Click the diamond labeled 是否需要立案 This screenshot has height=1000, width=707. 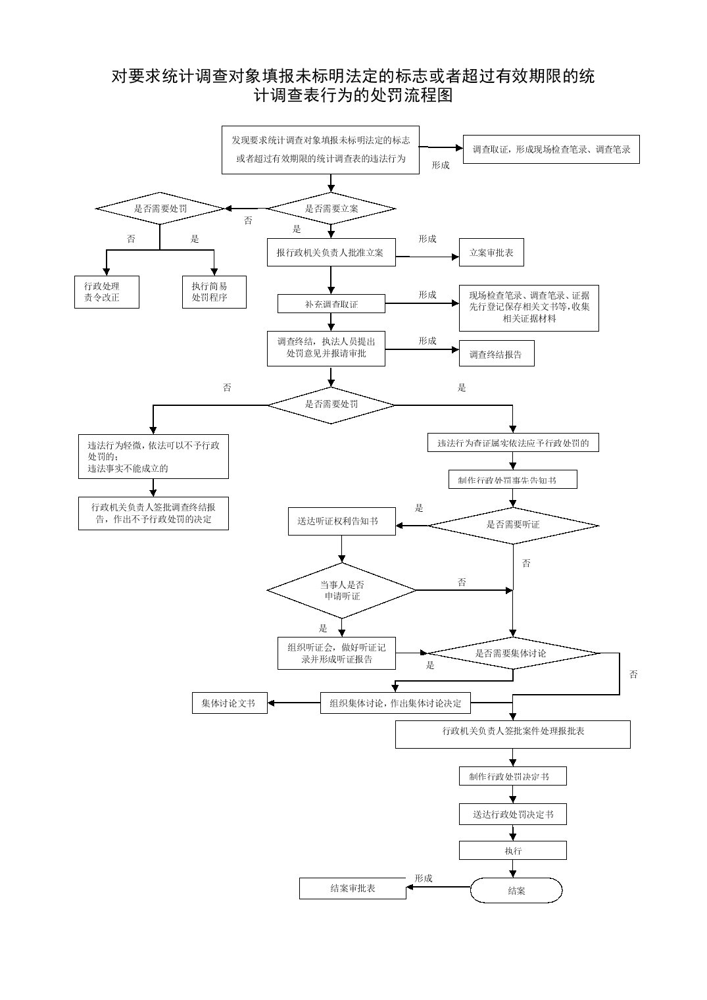[331, 209]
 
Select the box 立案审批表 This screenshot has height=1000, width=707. [491, 253]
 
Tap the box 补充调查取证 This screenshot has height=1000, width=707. [331, 303]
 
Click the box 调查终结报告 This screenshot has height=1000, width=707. [497, 353]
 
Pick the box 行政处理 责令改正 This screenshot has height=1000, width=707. [107, 292]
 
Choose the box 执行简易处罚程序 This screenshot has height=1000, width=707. [214, 292]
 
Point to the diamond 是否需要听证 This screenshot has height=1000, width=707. [513, 526]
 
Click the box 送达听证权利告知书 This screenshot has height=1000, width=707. [342, 521]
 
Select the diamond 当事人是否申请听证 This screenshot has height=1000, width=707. [341, 590]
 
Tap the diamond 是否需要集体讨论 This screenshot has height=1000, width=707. [513, 653]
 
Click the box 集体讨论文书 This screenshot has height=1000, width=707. [230, 703]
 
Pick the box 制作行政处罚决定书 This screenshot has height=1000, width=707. [513, 776]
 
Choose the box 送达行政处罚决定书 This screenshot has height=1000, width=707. [513, 814]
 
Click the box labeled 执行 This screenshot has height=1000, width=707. [513, 851]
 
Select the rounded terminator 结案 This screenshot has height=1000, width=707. [516, 890]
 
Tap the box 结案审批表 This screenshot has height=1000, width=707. [353, 888]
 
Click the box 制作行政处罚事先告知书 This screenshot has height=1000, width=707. [513, 480]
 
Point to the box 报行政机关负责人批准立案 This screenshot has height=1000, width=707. [331, 253]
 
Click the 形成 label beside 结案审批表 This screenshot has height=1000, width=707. [424, 878]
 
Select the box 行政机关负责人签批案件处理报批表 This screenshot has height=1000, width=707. [513, 734]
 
